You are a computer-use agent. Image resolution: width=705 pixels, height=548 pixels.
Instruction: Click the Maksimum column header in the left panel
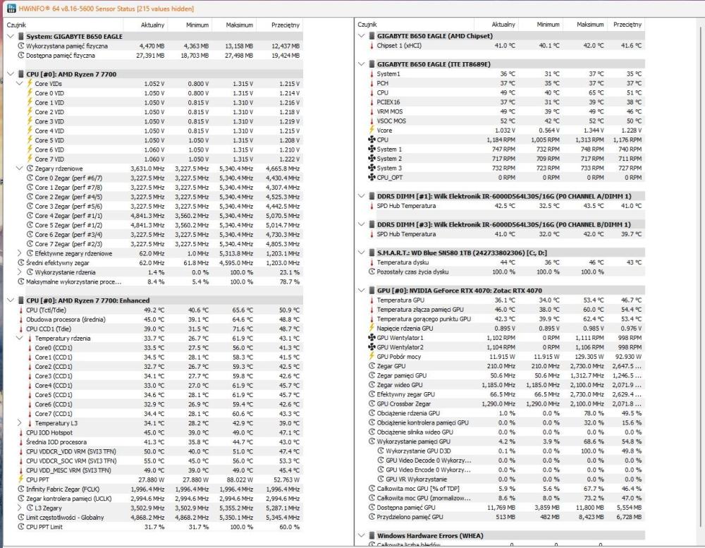click(x=239, y=25)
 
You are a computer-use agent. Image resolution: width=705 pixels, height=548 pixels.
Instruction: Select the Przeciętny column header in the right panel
click(x=627, y=24)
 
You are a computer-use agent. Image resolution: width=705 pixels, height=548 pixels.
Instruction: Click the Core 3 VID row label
click(x=49, y=121)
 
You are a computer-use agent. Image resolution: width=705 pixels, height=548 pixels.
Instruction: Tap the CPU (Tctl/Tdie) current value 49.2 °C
click(x=151, y=310)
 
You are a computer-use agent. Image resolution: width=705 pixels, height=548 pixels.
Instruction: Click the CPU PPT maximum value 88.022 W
click(x=239, y=480)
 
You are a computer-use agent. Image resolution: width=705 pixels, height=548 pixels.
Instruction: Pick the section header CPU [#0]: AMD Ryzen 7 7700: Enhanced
click(x=88, y=300)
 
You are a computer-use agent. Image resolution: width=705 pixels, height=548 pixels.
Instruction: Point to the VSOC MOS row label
click(x=392, y=121)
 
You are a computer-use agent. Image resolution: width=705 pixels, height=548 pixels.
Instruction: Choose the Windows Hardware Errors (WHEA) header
click(x=431, y=536)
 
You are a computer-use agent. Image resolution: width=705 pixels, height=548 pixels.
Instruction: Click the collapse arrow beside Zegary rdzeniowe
click(x=20, y=169)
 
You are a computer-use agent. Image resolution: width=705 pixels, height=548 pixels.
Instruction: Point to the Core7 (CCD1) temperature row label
click(x=54, y=413)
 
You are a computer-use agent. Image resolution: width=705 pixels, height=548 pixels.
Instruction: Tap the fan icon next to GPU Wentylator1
click(x=372, y=338)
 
